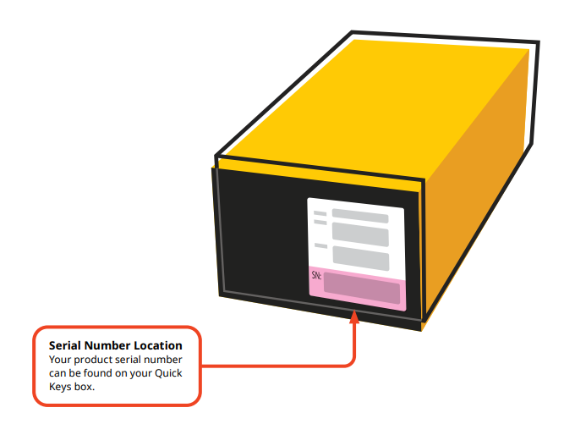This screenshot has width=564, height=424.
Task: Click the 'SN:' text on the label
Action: pyautogui.click(x=315, y=275)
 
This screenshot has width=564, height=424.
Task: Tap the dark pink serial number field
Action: pyautogui.click(x=361, y=289)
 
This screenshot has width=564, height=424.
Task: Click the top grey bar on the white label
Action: pyautogui.click(x=359, y=217)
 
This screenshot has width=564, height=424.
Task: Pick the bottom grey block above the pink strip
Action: pyautogui.click(x=360, y=257)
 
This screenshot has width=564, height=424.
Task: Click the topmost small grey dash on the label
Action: pyautogui.click(x=320, y=212)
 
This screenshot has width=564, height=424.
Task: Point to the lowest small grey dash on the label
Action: pyautogui.click(x=320, y=245)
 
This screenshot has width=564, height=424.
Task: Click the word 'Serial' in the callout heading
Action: pyautogui.click(x=66, y=345)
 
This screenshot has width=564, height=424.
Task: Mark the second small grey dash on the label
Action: pyautogui.click(x=320, y=222)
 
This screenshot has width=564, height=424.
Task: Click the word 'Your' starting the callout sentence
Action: pyautogui.click(x=61, y=360)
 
